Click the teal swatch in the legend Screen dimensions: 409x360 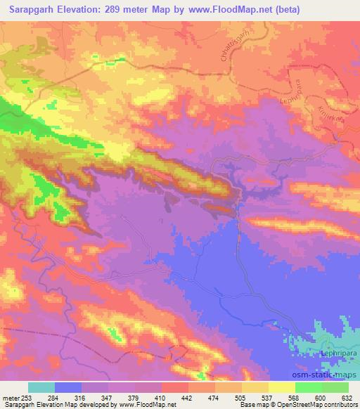[41, 387]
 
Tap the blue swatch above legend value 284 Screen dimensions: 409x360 [68, 387]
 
